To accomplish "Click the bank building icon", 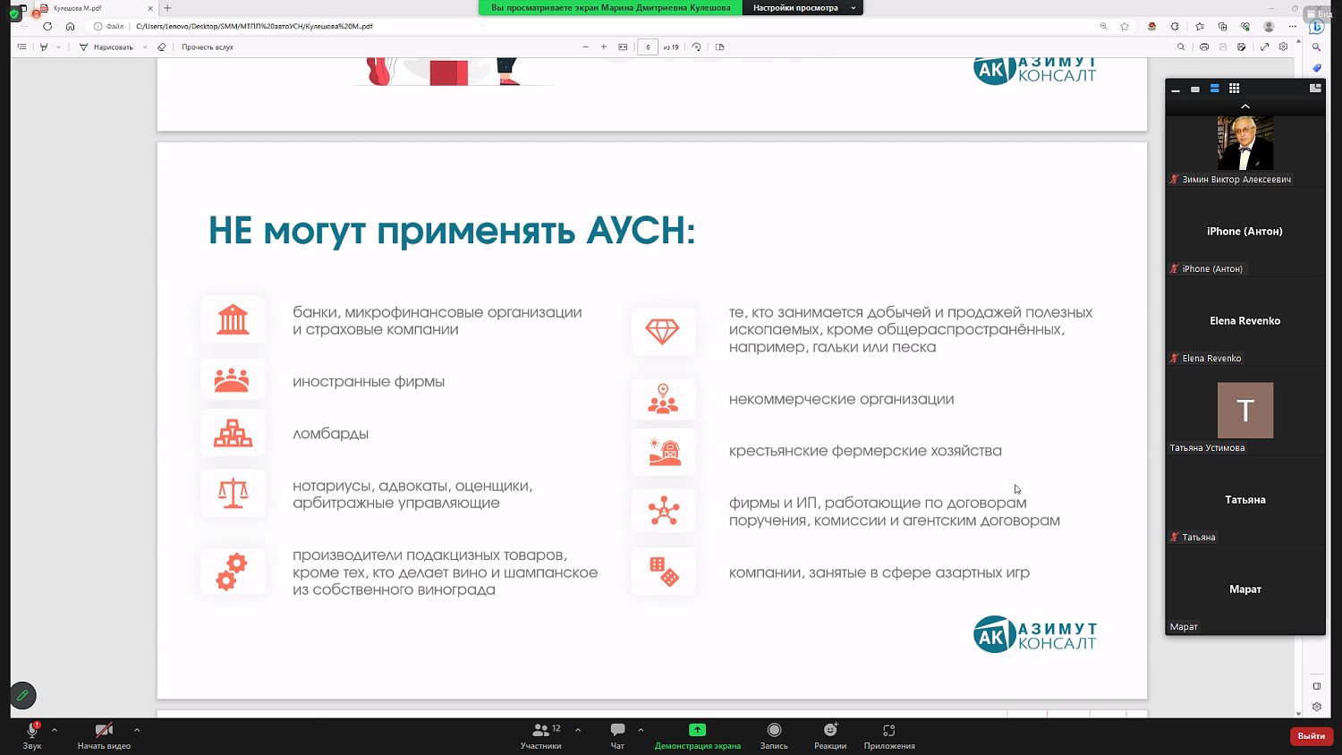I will click(x=233, y=319).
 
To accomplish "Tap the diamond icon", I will click(x=663, y=331).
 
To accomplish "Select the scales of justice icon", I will click(x=233, y=493).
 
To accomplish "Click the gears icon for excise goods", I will click(x=232, y=572).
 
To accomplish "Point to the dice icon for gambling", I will click(x=664, y=572).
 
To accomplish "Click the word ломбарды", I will click(x=330, y=434).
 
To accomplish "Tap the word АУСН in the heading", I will click(x=640, y=231).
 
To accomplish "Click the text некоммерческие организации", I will click(x=841, y=399).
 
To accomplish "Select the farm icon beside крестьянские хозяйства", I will click(x=664, y=452).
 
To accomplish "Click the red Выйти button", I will click(x=1311, y=735).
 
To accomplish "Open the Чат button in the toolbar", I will click(x=617, y=735).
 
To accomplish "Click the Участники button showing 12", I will click(x=541, y=735).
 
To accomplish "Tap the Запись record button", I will click(x=774, y=735).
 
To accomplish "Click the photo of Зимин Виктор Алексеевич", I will click(x=1244, y=143).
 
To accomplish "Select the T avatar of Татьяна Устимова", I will click(x=1244, y=410).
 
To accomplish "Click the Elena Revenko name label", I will click(x=1211, y=359).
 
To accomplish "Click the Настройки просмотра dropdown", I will click(x=803, y=8).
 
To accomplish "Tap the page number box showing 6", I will click(x=648, y=47).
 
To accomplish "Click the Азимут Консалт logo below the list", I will click(x=1034, y=634).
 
